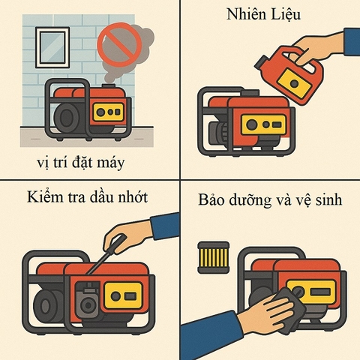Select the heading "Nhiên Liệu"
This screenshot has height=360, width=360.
265,16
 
